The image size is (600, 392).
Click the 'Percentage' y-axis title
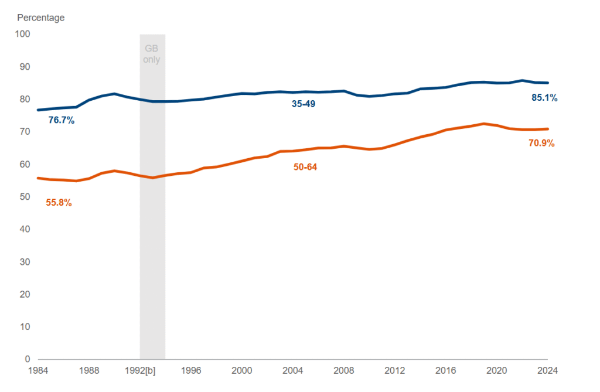coord(40,18)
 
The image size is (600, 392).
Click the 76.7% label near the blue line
coord(62,121)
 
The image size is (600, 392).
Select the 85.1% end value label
coord(544,98)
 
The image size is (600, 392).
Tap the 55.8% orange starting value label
coord(59,203)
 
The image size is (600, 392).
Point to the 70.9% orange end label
coord(541,143)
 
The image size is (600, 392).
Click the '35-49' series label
coord(304,104)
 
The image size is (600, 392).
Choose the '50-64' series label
coord(305,168)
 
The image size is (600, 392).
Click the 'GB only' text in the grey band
coord(152,54)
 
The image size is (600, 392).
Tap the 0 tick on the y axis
coord(27,359)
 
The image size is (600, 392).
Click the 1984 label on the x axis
coord(38,370)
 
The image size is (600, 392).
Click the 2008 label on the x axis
coord(344,370)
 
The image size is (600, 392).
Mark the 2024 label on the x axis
coord(548,370)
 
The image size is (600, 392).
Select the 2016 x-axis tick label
coord(446,370)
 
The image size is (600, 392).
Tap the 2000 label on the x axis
coord(242,370)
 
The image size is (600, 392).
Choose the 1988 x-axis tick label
coord(89,370)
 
